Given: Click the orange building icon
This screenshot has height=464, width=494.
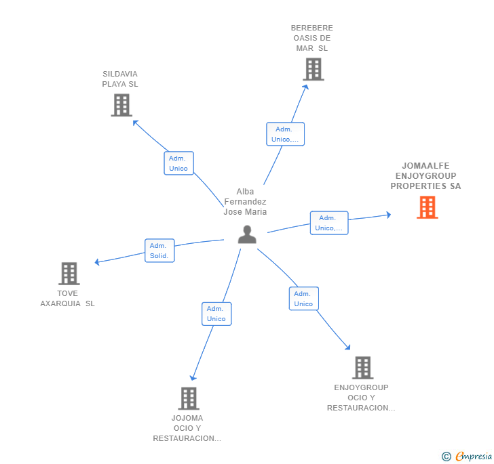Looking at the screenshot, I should [x=427, y=207].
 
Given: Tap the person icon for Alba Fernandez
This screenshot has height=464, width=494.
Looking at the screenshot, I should [x=247, y=234].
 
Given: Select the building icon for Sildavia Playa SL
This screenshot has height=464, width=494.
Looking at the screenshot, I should [x=121, y=105].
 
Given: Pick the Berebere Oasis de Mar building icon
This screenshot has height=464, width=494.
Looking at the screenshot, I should [x=313, y=69].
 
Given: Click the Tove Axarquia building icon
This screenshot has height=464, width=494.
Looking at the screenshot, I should [x=69, y=273].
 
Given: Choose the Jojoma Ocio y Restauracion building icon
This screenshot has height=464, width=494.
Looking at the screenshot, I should [x=188, y=398].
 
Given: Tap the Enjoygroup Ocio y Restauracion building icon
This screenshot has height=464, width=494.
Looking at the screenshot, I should [x=362, y=367].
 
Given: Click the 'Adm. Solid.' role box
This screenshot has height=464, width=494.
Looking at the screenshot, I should [x=159, y=251].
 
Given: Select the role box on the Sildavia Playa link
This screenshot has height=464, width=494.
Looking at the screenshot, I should [x=178, y=163].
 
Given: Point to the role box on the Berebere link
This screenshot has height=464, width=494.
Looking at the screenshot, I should [x=285, y=134].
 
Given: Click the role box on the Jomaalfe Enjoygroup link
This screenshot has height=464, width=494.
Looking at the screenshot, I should [x=329, y=223].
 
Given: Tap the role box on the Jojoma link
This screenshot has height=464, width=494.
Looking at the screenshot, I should [x=216, y=314].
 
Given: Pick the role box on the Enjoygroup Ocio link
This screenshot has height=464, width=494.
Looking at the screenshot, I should [x=303, y=299].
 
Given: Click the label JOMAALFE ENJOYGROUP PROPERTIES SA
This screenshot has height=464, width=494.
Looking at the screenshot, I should [x=425, y=175].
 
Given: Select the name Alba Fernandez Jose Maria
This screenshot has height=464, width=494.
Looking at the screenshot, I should [x=245, y=202].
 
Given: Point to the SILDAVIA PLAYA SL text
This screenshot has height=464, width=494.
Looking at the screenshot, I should [x=120, y=79].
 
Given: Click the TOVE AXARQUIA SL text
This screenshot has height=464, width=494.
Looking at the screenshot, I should [x=68, y=298].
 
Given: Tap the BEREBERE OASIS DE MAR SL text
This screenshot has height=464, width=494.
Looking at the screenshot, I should [x=312, y=38].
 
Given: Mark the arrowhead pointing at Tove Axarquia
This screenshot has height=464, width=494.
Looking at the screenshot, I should [x=98, y=262].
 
